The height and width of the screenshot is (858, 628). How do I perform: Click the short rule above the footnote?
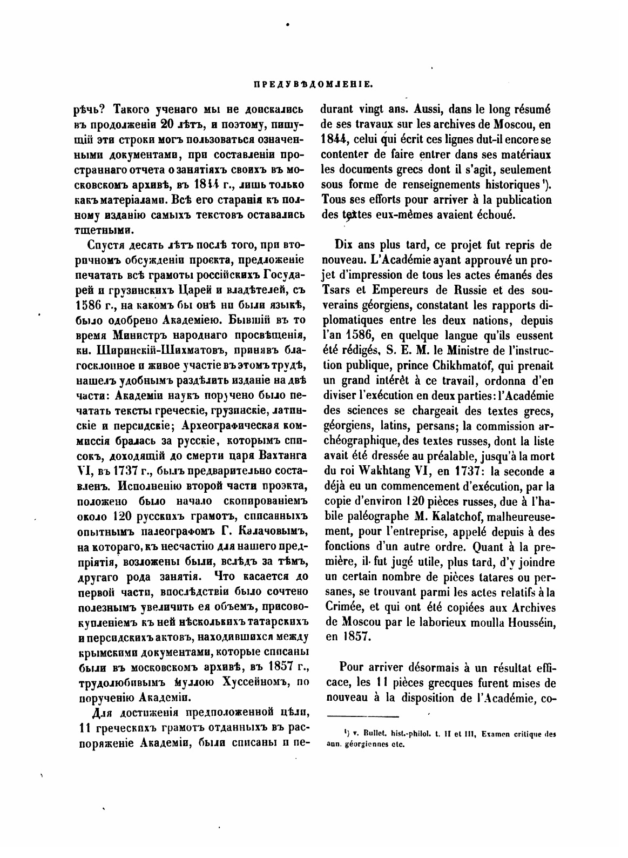pyautogui.click(x=362, y=718)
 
